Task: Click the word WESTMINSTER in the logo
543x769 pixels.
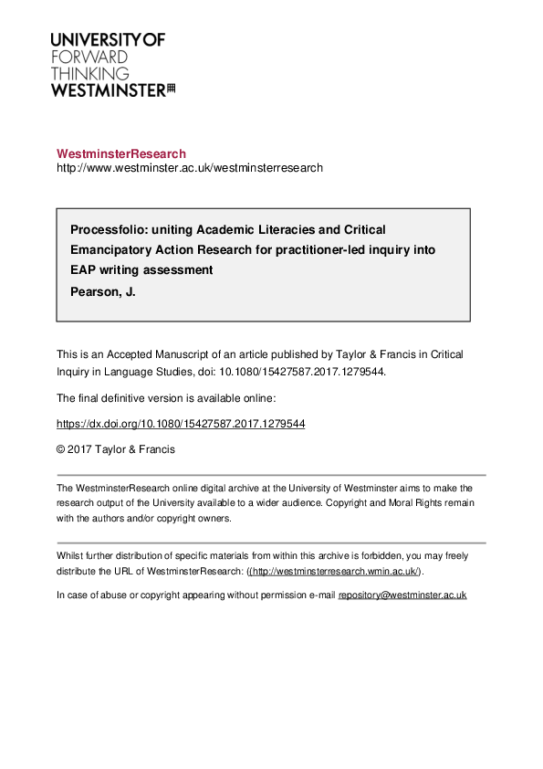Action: [x=108, y=90]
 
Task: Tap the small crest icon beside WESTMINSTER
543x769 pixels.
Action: [x=171, y=90]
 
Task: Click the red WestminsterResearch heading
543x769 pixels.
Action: [x=121, y=154]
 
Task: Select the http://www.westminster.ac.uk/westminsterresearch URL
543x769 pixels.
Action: [x=190, y=168]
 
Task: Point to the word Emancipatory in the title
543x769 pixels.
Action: [x=110, y=249]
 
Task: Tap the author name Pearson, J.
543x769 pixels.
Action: [x=103, y=292]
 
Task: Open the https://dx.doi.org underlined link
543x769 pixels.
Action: [x=181, y=424]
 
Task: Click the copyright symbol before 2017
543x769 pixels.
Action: [x=61, y=449]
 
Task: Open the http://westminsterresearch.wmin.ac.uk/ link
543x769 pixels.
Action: [x=334, y=572]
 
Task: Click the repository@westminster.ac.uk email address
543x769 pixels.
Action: [x=402, y=595]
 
